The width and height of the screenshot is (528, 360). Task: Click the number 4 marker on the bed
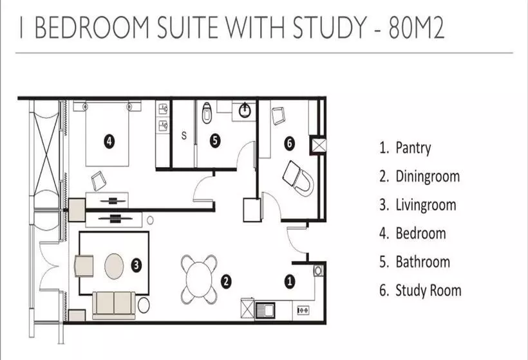tap(108, 141)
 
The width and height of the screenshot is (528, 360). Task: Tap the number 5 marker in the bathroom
tap(215, 141)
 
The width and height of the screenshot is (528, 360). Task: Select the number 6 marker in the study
tap(290, 143)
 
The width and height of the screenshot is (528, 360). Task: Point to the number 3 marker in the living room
tap(136, 265)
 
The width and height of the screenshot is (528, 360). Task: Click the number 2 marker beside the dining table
tap(226, 282)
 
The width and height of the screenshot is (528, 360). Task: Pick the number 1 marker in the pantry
tap(290, 282)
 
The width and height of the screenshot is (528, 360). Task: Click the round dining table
tap(200, 279)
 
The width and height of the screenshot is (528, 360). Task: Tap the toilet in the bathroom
tap(206, 113)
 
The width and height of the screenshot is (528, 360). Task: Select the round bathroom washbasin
tap(245, 110)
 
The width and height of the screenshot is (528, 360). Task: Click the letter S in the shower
tap(184, 136)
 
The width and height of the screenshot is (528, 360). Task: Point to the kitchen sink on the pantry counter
tap(265, 310)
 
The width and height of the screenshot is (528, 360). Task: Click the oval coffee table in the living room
tap(114, 266)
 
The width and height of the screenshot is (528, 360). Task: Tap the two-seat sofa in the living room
tap(114, 305)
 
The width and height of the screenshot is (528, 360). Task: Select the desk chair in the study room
tap(299, 179)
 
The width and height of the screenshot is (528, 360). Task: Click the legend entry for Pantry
tap(405, 148)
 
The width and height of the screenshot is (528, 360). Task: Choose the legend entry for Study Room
tap(420, 291)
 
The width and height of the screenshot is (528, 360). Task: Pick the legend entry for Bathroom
tap(415, 262)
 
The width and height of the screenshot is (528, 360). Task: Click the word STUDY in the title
tap(329, 27)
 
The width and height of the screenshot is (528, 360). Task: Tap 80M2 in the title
tap(417, 27)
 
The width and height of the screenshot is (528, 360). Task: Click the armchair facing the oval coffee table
tap(84, 266)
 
